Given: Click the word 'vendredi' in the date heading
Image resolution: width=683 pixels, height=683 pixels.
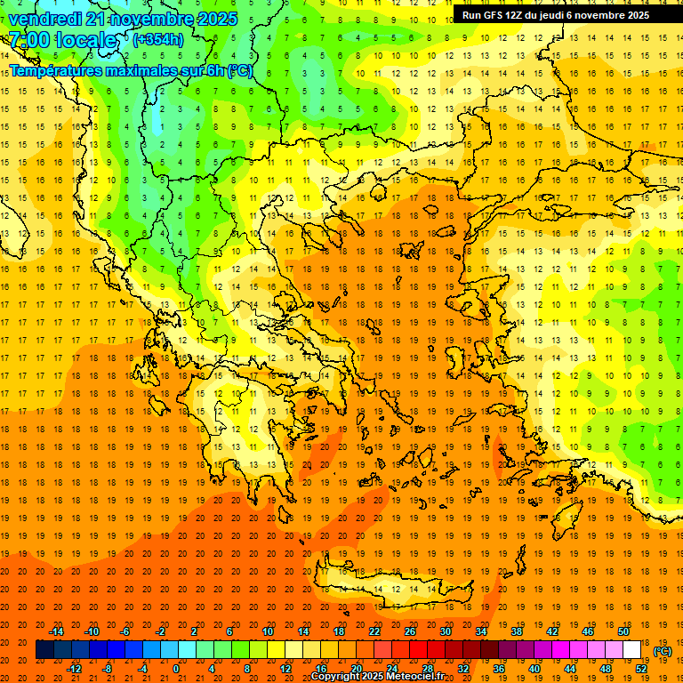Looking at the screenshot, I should click(45, 19).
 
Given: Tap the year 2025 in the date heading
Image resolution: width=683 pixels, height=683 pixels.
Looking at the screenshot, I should click(216, 19).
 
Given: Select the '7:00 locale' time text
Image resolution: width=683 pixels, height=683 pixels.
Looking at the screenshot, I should click(62, 40).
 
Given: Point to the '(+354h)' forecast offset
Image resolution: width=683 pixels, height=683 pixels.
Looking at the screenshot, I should click(158, 39).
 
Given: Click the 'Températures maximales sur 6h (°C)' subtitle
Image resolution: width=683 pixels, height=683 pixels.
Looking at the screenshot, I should click(131, 71).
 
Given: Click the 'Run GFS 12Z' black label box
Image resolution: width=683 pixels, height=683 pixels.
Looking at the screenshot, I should click(555, 15).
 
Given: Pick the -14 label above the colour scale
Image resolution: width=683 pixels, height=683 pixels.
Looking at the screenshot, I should click(56, 631).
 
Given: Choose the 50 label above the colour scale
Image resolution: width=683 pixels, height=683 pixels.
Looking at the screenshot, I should click(623, 631).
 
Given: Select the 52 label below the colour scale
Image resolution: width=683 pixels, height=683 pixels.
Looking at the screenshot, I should click(640, 669).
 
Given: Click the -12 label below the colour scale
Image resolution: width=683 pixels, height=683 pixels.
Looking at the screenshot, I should click(74, 669).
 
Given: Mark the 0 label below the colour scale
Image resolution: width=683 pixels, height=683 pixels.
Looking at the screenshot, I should click(176, 669).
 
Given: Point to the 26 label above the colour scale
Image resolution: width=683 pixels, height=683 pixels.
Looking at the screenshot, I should click(410, 631).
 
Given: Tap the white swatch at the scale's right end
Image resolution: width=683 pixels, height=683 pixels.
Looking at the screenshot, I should click(631, 650).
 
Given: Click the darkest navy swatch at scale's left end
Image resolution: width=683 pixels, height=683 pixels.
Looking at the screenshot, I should click(44, 650).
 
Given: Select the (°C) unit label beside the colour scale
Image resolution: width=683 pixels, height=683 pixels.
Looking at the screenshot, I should click(663, 651).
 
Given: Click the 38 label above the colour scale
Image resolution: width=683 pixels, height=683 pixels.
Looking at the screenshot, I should click(516, 631).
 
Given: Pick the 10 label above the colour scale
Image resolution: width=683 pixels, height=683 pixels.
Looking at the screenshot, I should click(268, 631).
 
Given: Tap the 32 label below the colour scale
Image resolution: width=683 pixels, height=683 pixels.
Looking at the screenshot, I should click(463, 669).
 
